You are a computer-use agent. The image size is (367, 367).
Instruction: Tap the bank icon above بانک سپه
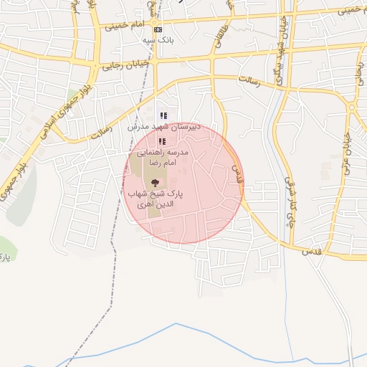click(158, 29)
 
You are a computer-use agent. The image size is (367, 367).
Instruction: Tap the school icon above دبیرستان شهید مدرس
click(163, 115)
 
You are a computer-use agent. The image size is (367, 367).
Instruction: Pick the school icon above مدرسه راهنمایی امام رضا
click(161, 141)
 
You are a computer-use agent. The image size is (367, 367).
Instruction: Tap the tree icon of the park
click(155, 183)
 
